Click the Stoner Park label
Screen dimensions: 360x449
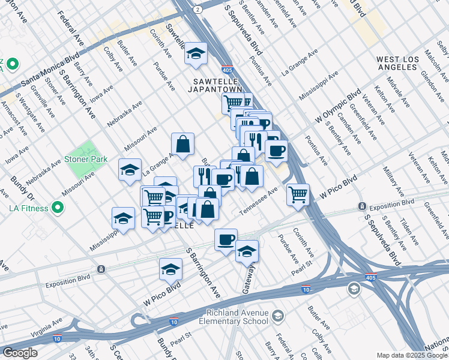[87, 159]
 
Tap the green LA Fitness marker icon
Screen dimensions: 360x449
[58, 208]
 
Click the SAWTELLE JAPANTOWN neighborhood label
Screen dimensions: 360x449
[218, 85]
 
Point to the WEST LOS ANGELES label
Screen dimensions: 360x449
[397, 63]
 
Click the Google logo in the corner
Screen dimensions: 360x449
[20, 353]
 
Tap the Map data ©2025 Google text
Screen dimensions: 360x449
[412, 355]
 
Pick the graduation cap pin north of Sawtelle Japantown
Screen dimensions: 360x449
[196, 54]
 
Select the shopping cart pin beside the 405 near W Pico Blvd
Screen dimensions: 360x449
[298, 194]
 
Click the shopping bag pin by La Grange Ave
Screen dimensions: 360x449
[183, 144]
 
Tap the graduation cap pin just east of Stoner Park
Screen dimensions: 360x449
[130, 170]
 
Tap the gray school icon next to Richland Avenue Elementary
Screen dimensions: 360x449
[278, 316]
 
